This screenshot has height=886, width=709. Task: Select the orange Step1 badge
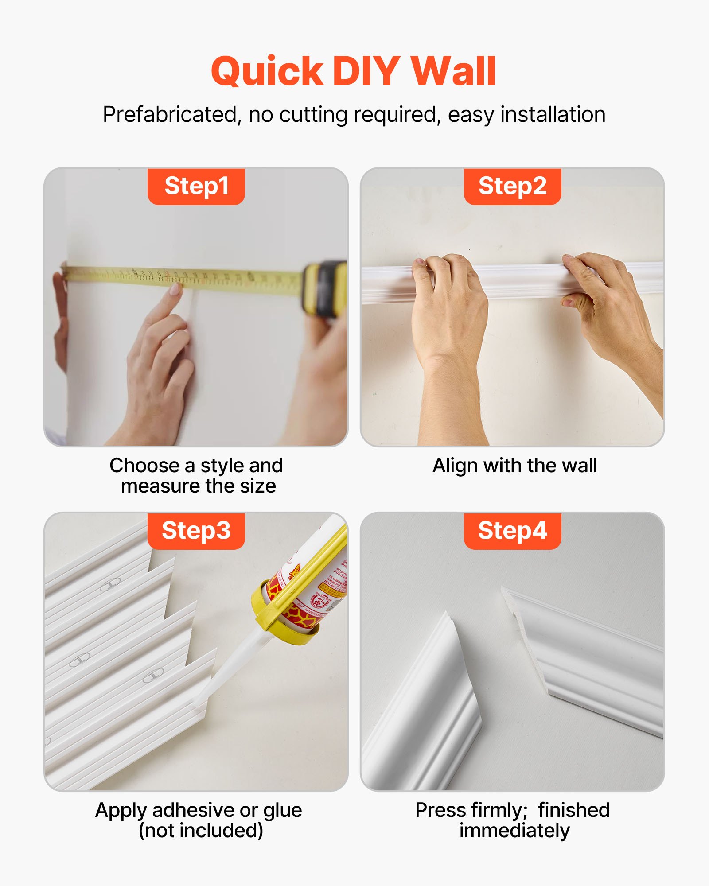196,186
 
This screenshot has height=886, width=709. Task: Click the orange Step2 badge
512,186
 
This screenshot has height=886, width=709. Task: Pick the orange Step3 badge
196,531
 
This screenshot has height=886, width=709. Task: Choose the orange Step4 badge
512,531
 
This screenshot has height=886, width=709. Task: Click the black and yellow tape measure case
326,288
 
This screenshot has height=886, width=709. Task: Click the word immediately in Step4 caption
514,831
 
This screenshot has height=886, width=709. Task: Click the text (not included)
201,831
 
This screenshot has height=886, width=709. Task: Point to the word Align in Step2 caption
455,466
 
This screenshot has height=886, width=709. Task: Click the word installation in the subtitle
553,115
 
